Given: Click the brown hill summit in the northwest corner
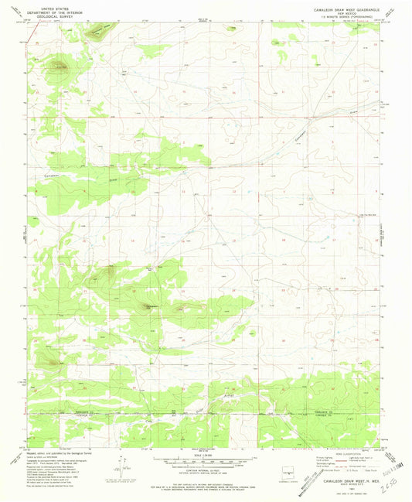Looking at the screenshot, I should (x=57, y=67).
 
